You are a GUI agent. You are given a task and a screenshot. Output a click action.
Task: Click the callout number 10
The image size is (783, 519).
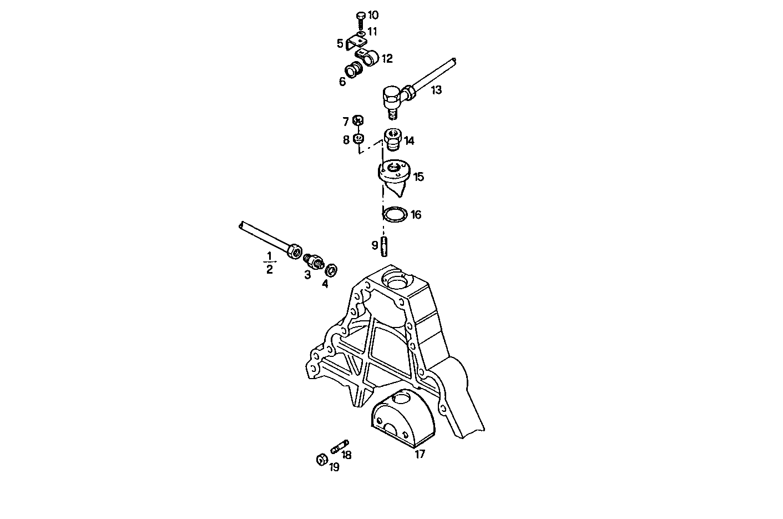coord(373,15)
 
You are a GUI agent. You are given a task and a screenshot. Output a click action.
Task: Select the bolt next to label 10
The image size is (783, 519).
coord(360,21)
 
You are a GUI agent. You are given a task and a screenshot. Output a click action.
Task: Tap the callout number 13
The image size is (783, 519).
coord(436,90)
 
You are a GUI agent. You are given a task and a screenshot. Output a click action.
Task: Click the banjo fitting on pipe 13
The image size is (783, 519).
coord(393,99)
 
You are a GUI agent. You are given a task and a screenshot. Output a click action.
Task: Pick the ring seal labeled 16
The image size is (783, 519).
coord(395,214)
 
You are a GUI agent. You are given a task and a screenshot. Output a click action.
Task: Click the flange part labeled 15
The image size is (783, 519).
coord(393,177)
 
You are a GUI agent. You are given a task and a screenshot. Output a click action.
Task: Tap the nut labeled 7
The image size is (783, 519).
coord(358,120)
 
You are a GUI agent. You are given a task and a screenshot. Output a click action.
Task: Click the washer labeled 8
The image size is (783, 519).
coord(358,138)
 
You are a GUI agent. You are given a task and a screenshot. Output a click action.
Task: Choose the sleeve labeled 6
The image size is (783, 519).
coord(353,72)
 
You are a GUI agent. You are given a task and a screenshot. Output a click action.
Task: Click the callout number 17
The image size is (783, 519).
coord(420,454)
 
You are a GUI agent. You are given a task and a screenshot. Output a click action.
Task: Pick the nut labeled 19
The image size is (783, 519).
coord(321,460)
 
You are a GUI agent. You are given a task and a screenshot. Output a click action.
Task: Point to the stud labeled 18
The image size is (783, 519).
coord(340,446)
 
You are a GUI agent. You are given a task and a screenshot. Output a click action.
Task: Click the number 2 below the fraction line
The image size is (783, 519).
coord(269,270)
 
